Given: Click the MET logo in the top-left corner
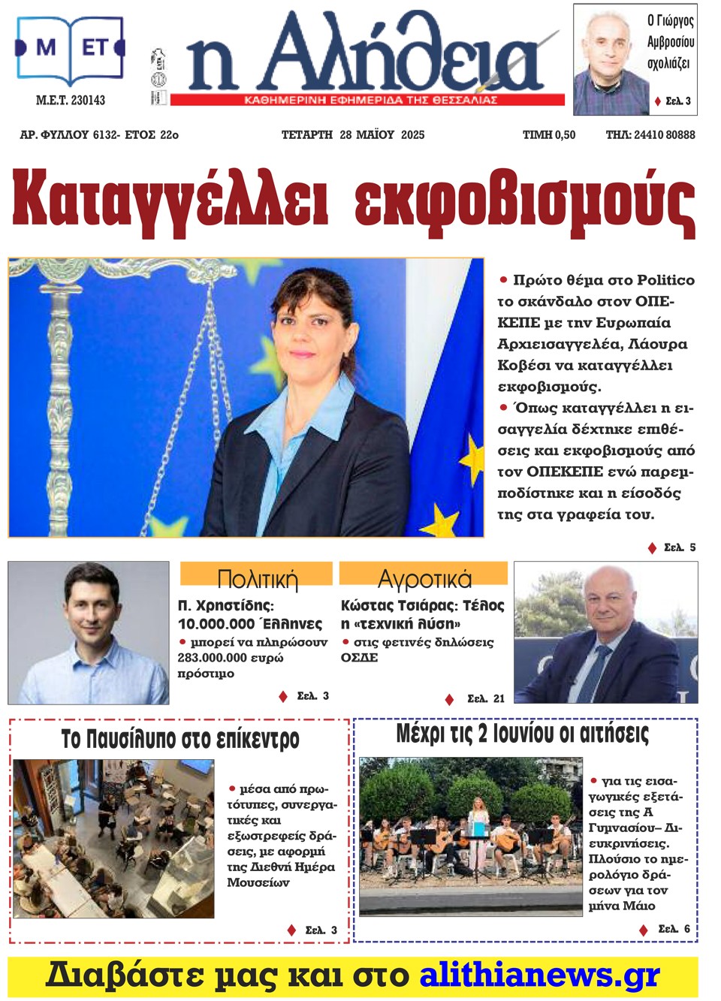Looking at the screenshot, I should click(x=70, y=50).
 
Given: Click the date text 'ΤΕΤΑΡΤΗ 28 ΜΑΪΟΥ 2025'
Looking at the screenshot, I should click(x=352, y=135).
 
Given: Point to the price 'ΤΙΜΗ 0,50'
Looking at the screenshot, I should click(x=549, y=135).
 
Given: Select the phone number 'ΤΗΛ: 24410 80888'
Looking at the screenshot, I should click(x=650, y=135).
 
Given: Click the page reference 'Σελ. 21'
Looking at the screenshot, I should click(x=485, y=699).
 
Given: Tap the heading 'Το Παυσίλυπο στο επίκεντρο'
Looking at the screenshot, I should click(x=180, y=739).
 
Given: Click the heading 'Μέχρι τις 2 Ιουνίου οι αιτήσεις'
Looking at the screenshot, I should click(x=522, y=733).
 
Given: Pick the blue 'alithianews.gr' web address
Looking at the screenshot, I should click(x=538, y=975).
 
